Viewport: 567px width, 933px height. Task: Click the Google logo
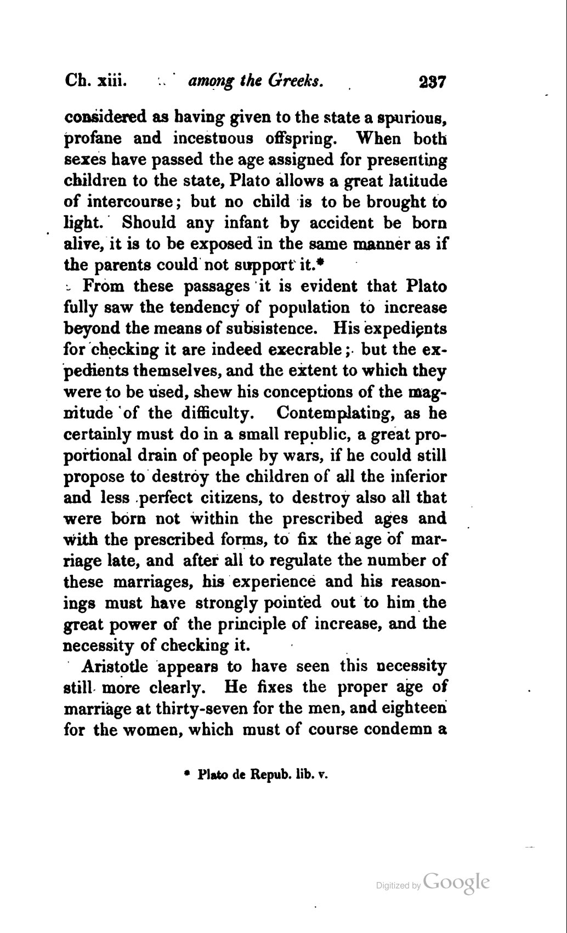pyautogui.click(x=456, y=883)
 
